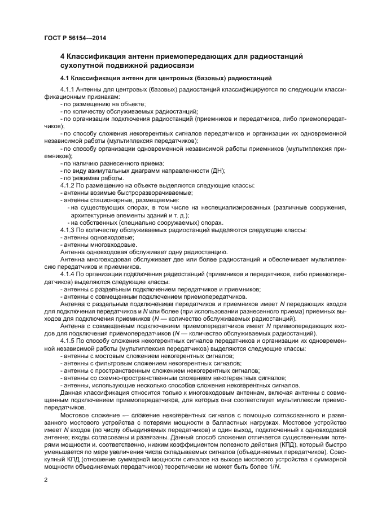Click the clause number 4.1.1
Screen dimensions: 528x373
click(x=67, y=90)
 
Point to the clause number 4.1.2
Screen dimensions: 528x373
click(x=67, y=185)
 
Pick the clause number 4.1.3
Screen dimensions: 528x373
click(x=67, y=229)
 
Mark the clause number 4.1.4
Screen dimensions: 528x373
click(x=67, y=274)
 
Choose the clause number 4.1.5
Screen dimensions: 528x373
click(x=67, y=341)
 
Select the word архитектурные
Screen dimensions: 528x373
click(x=93, y=215)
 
